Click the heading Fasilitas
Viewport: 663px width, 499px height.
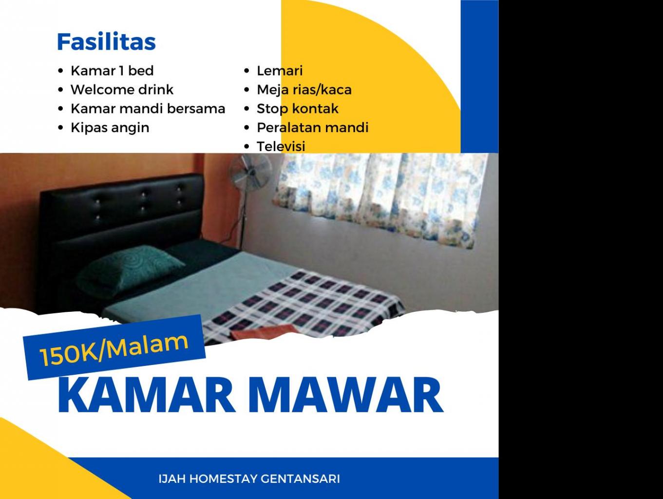point(106,42)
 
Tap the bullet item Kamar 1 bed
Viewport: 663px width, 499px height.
point(112,71)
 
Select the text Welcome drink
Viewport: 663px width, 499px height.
point(122,90)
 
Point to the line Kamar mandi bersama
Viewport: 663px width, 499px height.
point(148,109)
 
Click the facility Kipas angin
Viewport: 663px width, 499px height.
point(110,128)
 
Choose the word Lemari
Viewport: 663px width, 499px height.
point(280,71)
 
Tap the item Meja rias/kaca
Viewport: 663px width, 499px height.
point(304,90)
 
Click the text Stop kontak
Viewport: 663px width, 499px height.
point(298,109)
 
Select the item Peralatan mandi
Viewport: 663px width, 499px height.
point(313,128)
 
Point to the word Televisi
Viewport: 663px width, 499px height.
point(281,147)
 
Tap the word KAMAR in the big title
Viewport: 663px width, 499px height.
point(147,397)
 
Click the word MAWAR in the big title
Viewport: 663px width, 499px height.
point(346,397)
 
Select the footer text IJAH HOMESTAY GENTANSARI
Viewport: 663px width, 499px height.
point(249,479)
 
